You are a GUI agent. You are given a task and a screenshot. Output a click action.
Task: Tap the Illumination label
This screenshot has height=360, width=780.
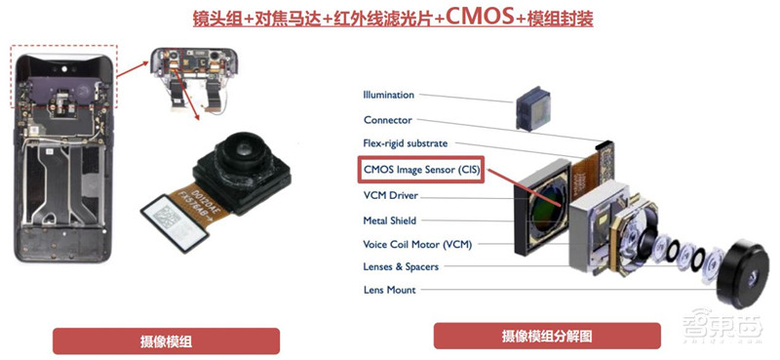click(388, 95)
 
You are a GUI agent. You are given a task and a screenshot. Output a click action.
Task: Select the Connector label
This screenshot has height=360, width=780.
click(387, 120)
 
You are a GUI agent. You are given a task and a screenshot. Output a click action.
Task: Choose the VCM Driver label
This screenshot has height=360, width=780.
click(389, 195)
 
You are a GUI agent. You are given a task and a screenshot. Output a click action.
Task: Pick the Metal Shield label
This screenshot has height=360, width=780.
click(390, 220)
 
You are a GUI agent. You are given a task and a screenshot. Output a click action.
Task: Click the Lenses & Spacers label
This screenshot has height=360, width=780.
click(401, 266)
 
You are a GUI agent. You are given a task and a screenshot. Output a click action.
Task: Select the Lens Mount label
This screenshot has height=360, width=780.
click(389, 290)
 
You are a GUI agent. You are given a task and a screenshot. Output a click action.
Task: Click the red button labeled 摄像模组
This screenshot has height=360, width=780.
click(165, 341)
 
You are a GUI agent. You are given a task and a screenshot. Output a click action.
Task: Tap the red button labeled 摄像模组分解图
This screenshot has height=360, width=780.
click(546, 337)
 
